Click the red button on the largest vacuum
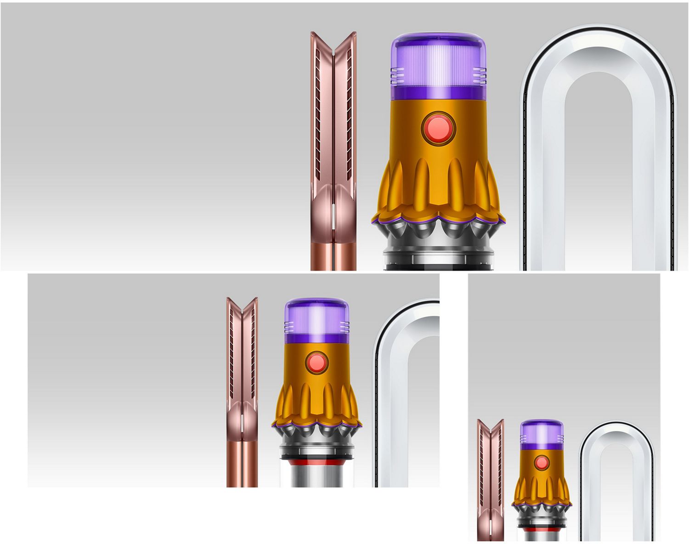438,127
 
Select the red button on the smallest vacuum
542,463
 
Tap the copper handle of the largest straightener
333,257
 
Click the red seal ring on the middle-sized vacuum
316,460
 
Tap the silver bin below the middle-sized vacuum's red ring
316,476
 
